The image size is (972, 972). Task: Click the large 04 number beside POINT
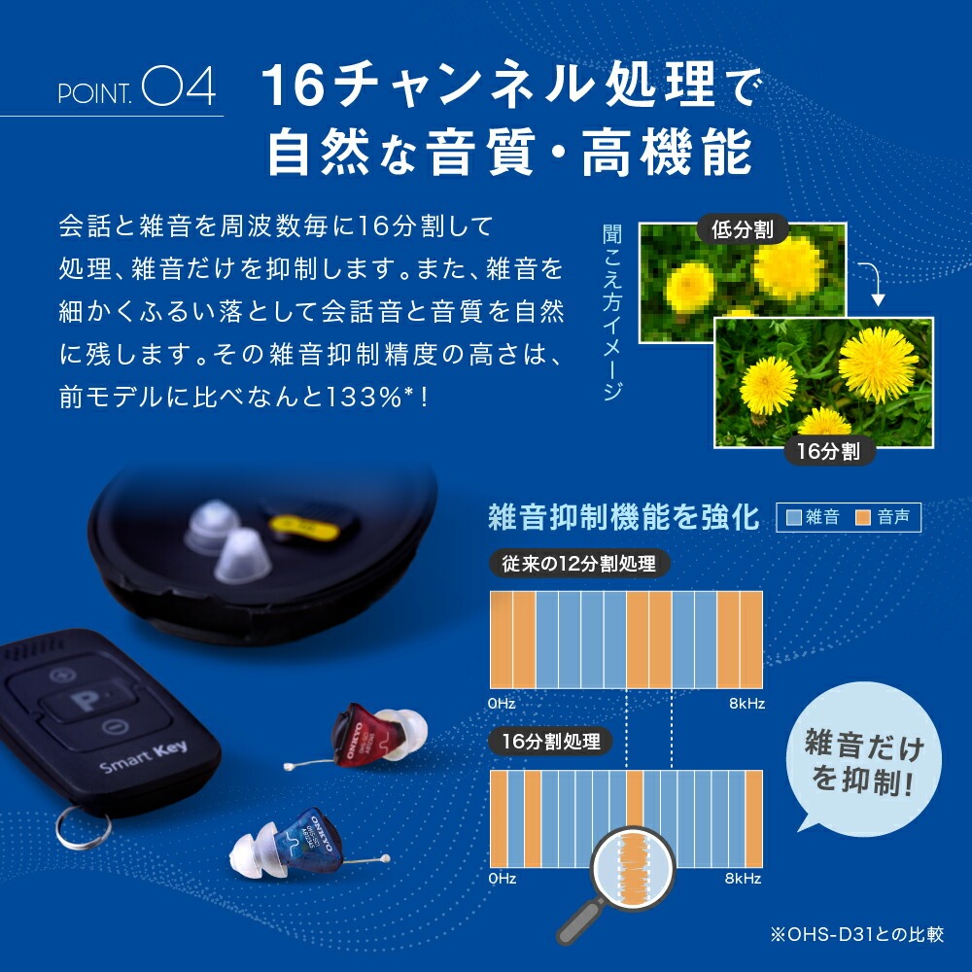[178, 87]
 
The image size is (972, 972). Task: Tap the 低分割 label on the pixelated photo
[743, 230]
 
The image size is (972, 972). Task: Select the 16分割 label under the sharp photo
[830, 451]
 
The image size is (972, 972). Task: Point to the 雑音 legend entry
[813, 518]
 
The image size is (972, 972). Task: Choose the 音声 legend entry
[884, 518]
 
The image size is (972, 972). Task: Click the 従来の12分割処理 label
[579, 564]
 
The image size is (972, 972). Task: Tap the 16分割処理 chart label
[551, 742]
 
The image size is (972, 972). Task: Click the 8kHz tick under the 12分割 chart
[746, 703]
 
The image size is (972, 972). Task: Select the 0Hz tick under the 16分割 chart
[503, 879]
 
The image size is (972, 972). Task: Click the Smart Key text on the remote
[136, 761]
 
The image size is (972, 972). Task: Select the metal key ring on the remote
[82, 827]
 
